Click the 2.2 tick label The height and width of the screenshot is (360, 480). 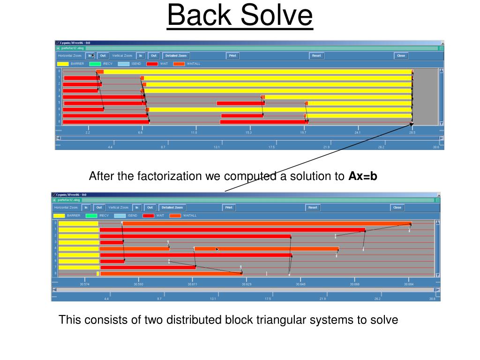88,133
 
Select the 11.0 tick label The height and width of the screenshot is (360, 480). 194,133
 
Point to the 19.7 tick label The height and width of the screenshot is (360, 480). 303,133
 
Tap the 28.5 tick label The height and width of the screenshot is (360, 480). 412,133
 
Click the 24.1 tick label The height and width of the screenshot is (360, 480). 358,133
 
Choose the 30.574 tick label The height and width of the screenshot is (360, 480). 84,284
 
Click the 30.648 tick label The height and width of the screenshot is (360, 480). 300,284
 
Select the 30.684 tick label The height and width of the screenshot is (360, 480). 409,284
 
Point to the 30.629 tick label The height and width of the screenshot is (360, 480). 246,284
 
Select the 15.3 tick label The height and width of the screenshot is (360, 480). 248,133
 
